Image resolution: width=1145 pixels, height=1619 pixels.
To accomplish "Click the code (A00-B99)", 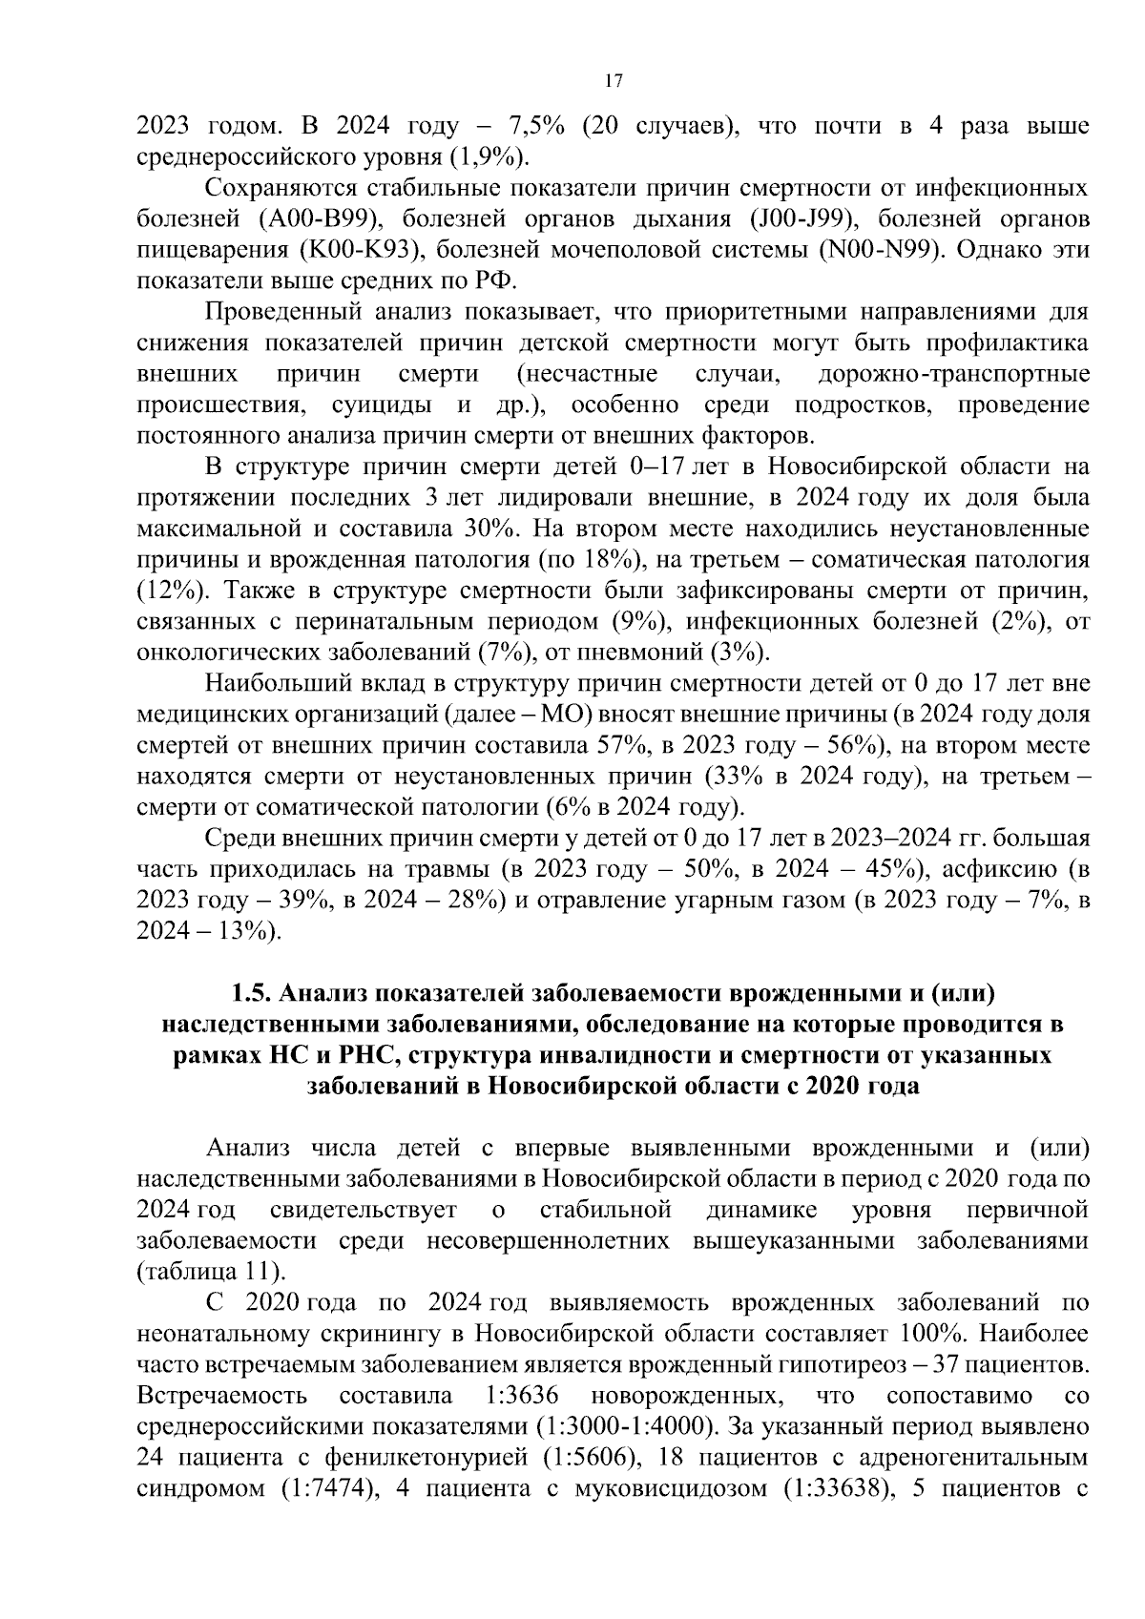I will (321, 219).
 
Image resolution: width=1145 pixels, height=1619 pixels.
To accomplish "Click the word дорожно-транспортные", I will (953, 374).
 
